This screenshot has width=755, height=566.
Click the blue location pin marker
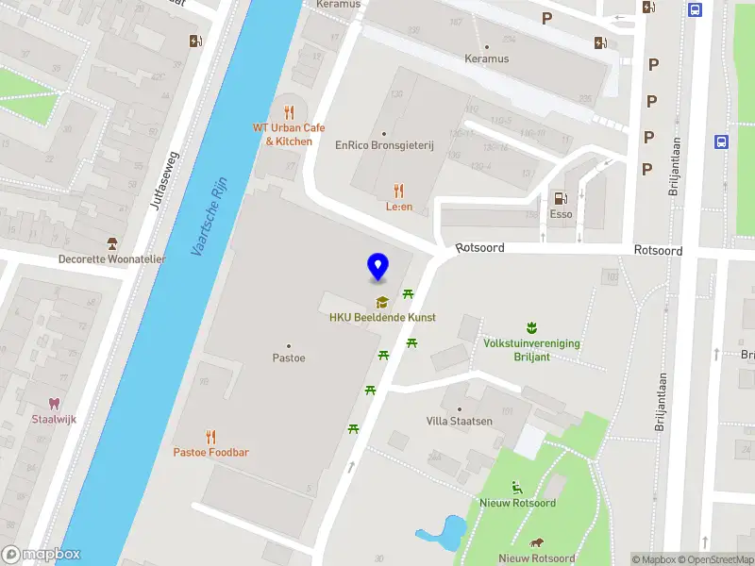point(378,267)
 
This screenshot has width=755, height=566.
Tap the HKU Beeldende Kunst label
point(382,318)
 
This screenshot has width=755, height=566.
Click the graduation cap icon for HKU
point(382,303)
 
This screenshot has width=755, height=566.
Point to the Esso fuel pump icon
point(561,198)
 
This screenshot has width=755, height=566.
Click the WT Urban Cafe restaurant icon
point(289,112)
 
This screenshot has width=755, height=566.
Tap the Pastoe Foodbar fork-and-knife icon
point(210,437)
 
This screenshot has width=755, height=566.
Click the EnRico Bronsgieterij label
point(384,145)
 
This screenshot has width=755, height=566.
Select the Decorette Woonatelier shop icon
point(112,243)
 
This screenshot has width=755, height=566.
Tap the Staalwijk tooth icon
point(54,404)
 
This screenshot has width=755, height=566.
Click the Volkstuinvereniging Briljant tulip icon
point(531,328)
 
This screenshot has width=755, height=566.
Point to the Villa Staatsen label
point(460,421)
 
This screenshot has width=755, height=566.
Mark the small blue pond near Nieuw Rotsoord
point(443,531)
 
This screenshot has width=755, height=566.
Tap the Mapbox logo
point(42,555)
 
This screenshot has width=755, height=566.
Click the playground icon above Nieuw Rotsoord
point(517,488)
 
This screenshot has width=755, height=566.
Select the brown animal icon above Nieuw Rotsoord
point(536,543)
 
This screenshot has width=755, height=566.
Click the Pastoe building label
point(289,358)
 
